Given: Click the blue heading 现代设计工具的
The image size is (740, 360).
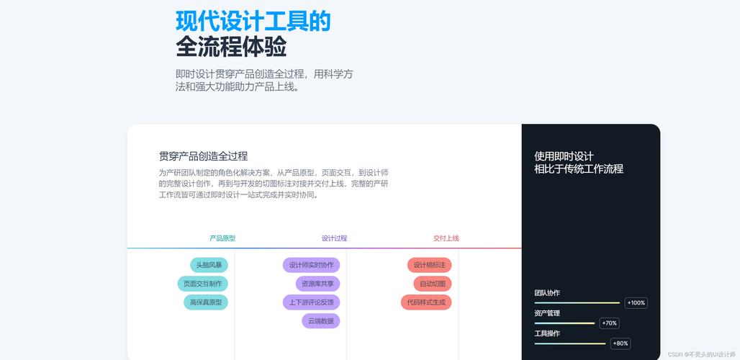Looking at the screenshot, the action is pos(253,21).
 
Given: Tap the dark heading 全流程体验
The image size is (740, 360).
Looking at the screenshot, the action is pos(231,47).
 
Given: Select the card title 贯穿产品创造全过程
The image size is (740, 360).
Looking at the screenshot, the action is pos(203,156).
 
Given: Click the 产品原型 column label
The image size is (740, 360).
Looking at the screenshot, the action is pos(222,238).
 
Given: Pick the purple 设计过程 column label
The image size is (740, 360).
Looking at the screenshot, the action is pos(334,238).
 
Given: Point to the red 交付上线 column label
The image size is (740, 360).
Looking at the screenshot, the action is pos(446,238).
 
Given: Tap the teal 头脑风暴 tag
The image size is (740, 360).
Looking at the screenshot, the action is pos(209,265).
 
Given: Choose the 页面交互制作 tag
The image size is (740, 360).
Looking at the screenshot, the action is pos(203,284).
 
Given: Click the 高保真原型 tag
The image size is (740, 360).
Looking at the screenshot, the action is pos(206,302).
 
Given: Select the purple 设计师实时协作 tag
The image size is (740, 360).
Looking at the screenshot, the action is pos(311,265).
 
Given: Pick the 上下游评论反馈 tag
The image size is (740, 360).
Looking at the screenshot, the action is pos(311,302).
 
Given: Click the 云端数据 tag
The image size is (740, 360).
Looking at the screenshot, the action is pos(320,321).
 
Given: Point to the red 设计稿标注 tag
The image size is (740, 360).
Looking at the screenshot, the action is pos(429,265).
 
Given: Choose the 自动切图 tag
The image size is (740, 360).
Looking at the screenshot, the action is pos(433,284).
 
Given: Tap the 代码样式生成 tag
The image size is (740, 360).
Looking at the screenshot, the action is pos(426,302).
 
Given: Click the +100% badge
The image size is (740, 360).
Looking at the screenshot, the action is pos(636,303).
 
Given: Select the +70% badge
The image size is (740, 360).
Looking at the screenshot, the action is pos(610,323).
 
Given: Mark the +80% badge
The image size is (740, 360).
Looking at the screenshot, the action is pos(621,343).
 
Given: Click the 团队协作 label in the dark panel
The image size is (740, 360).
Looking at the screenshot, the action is pos(547,293).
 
